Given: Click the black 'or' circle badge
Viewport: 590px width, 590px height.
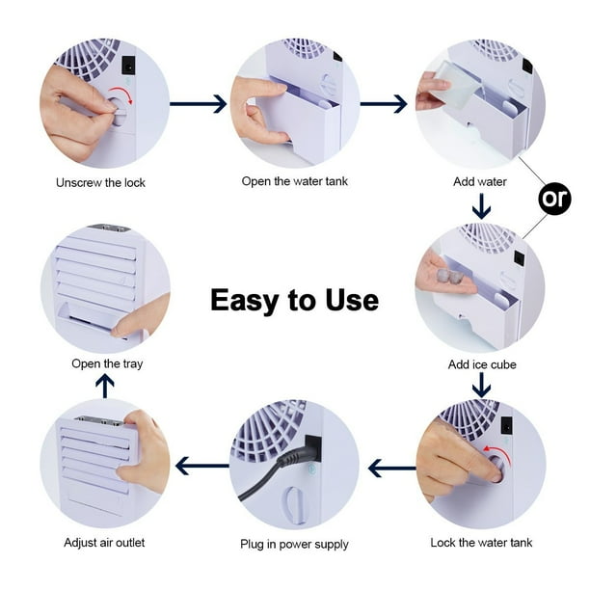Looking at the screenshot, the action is (554, 199).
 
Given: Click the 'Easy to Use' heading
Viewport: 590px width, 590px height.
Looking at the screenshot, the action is (295, 300).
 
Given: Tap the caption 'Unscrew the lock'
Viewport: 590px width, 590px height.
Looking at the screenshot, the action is (100, 183).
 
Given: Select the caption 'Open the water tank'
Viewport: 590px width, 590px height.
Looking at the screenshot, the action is (295, 181).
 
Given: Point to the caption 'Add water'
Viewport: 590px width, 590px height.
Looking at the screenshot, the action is (480, 182).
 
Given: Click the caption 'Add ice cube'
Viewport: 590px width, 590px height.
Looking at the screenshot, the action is (482, 364).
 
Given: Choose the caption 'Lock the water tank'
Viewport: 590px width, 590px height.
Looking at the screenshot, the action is (481, 543).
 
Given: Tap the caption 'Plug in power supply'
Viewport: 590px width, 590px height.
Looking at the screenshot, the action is (294, 544).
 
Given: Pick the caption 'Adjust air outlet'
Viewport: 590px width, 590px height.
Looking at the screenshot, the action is (104, 543).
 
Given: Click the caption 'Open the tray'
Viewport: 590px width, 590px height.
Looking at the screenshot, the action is (107, 363).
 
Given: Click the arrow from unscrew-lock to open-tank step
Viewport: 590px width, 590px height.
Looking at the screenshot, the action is (198, 104).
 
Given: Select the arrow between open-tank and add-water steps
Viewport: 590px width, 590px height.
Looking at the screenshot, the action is (384, 104).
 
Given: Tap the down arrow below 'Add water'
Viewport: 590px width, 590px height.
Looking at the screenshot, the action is (482, 206).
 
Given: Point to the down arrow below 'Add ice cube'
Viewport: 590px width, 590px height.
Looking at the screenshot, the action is (482, 386).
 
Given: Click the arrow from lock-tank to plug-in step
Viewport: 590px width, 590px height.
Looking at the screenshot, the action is (392, 469).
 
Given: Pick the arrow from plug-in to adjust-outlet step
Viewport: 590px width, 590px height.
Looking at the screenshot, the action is (202, 466).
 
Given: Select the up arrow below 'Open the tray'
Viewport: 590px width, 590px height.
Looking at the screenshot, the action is (105, 388).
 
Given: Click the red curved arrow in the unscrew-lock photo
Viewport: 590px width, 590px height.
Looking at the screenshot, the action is (121, 94).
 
